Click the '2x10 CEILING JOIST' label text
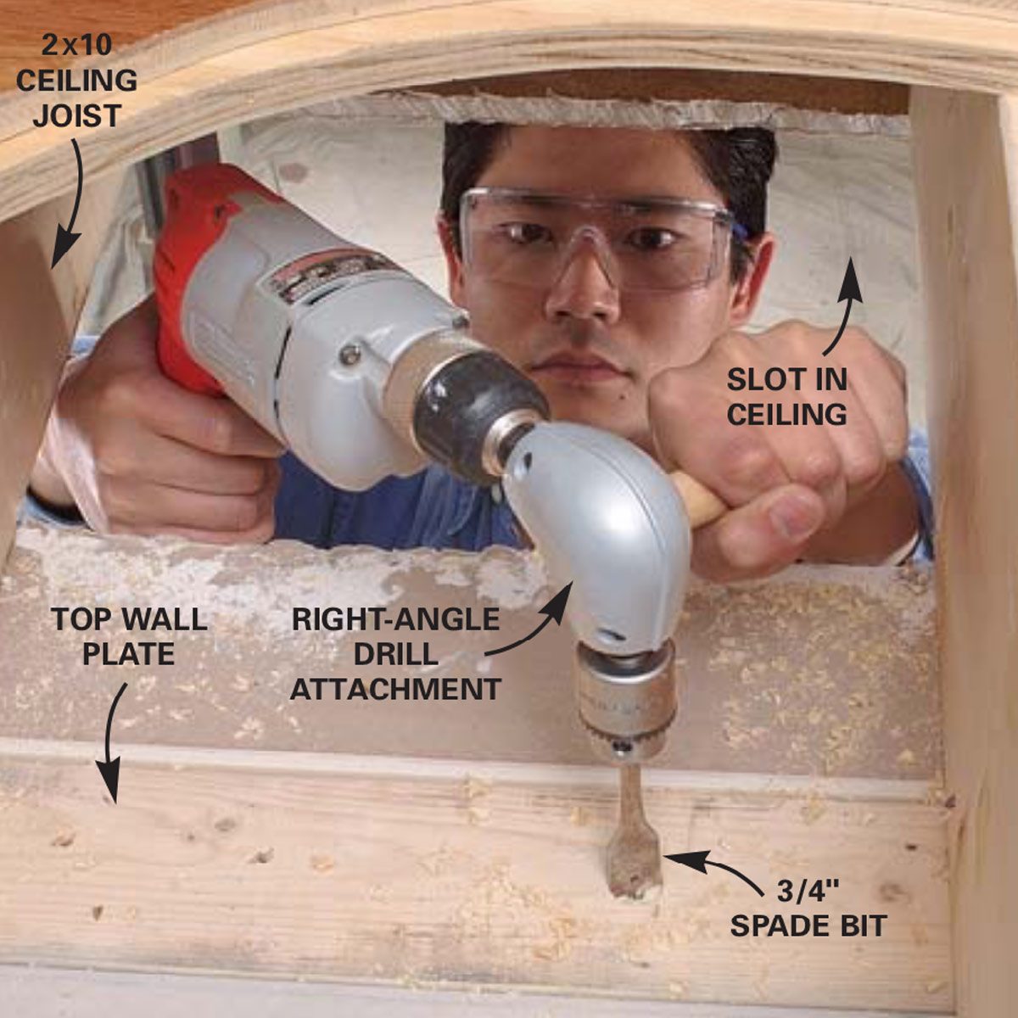point(76,81)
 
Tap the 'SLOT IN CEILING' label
point(786,397)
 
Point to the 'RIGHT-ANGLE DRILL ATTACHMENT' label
point(395,653)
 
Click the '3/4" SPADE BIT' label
point(808,909)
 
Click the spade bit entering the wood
point(628,840)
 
